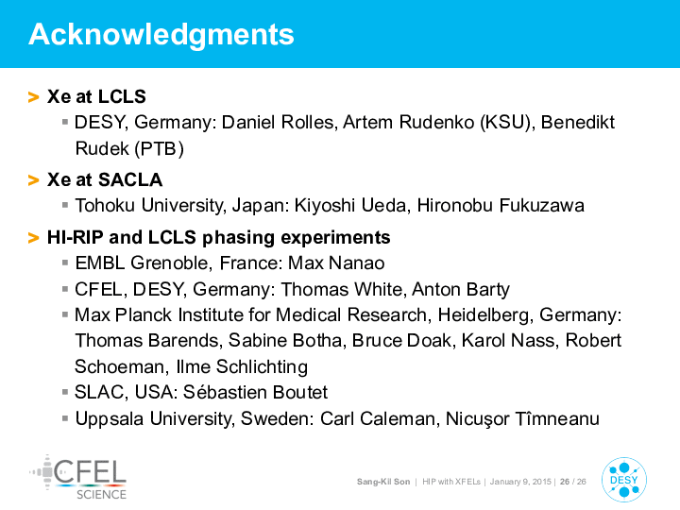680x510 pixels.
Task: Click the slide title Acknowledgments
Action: coord(161,35)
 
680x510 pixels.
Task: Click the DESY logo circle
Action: coord(624,480)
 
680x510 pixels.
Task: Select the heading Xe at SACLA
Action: coord(105,179)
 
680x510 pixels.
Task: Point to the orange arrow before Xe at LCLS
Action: coord(33,96)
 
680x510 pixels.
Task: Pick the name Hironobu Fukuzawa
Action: coord(501,206)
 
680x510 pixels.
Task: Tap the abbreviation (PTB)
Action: coord(160,149)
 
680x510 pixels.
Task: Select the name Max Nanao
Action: coord(336,263)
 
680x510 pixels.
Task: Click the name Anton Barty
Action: coord(461,289)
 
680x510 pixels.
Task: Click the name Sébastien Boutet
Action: coord(255,393)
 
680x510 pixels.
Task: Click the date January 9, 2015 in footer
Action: coord(520,482)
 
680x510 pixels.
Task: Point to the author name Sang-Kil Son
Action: coord(383,482)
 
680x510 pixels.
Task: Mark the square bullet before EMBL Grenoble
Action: coord(65,263)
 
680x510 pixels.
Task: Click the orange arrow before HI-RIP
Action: coord(33,238)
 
